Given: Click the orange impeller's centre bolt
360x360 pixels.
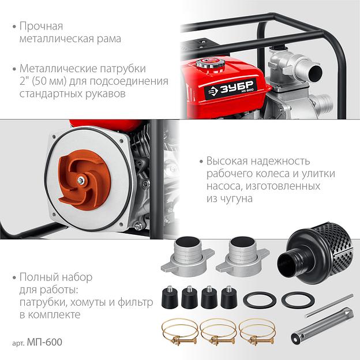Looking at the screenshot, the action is point(81,181).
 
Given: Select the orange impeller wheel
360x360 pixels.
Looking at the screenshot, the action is point(84,179).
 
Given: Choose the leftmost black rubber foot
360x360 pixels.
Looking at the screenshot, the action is point(170,297).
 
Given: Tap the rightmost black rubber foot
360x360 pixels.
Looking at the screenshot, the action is point(229,297).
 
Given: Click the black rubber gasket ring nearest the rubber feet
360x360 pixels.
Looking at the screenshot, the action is point(260,299).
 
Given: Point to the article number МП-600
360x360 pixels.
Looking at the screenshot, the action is point(44,342).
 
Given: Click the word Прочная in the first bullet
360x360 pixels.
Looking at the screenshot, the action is point(41,26).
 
